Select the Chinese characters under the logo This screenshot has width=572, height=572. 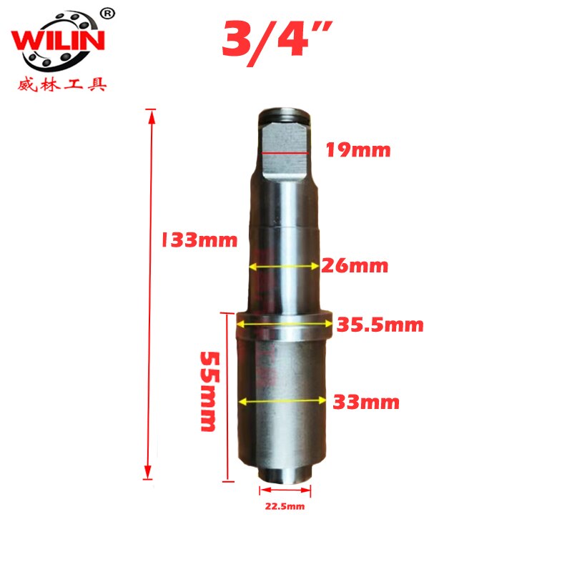coord(61,85)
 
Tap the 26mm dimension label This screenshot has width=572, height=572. coord(355,266)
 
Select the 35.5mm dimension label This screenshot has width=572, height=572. coord(381,325)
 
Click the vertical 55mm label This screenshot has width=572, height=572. coord(207,390)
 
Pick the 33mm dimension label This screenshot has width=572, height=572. coord(366,402)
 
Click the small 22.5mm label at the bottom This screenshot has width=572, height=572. coord(285,507)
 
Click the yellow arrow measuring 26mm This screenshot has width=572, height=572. coord(284,266)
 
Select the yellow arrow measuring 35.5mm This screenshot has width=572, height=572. coord(284,324)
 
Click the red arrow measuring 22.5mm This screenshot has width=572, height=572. coord(286,490)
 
